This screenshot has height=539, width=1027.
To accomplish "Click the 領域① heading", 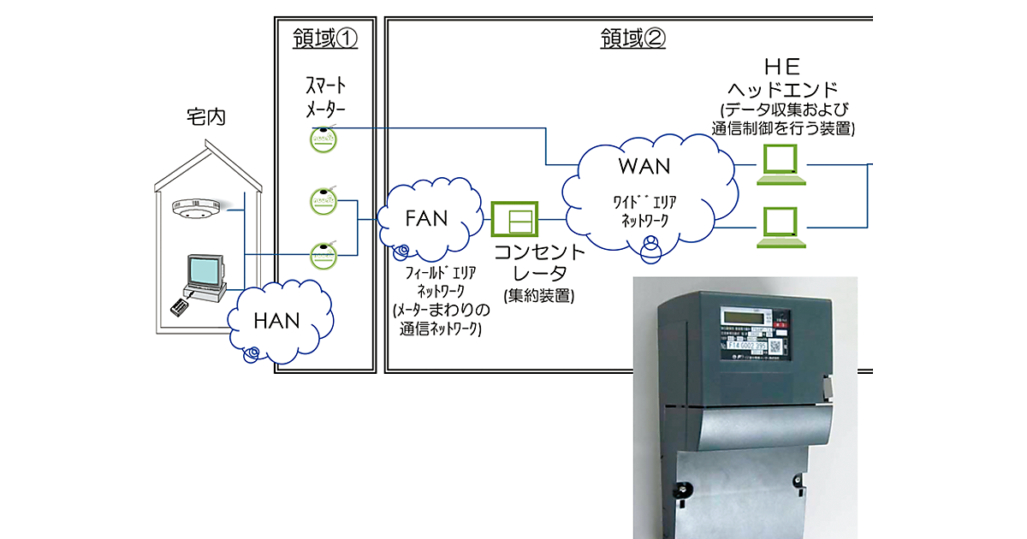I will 324,38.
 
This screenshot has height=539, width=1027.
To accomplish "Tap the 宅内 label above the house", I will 205,117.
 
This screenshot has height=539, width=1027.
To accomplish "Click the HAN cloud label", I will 277,321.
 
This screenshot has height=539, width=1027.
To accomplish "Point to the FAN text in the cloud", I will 426,218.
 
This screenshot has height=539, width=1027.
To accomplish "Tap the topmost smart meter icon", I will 323,139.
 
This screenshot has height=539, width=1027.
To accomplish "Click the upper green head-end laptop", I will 782,164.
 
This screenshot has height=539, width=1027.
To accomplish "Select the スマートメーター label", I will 327,98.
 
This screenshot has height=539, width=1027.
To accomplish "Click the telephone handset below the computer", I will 180,302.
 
